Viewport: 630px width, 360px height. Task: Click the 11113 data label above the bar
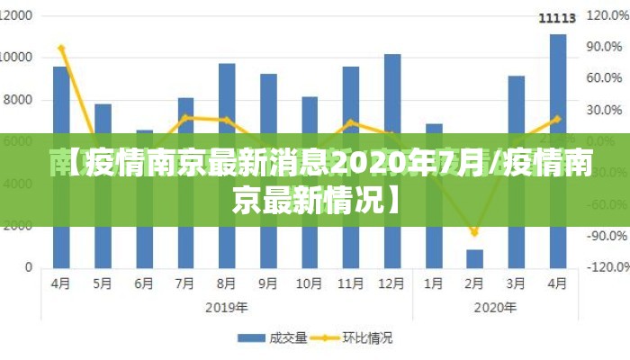coord(557,18)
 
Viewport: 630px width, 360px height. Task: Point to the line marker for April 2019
coord(61,48)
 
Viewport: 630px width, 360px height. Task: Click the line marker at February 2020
coord(474,233)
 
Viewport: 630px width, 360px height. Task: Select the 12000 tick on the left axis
coord(17,16)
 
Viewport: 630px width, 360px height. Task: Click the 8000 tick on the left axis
coord(20,100)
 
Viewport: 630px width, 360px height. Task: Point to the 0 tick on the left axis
coord(29,267)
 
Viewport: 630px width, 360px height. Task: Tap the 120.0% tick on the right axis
coord(606,16)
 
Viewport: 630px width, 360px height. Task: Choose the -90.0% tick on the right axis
coord(606,236)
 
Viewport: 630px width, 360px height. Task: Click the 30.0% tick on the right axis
coord(606,110)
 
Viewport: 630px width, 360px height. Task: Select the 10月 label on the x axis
coord(309,283)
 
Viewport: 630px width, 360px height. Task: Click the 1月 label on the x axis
coord(434,283)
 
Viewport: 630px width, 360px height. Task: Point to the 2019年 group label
coord(227,307)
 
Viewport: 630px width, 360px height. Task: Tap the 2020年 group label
coord(496,307)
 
